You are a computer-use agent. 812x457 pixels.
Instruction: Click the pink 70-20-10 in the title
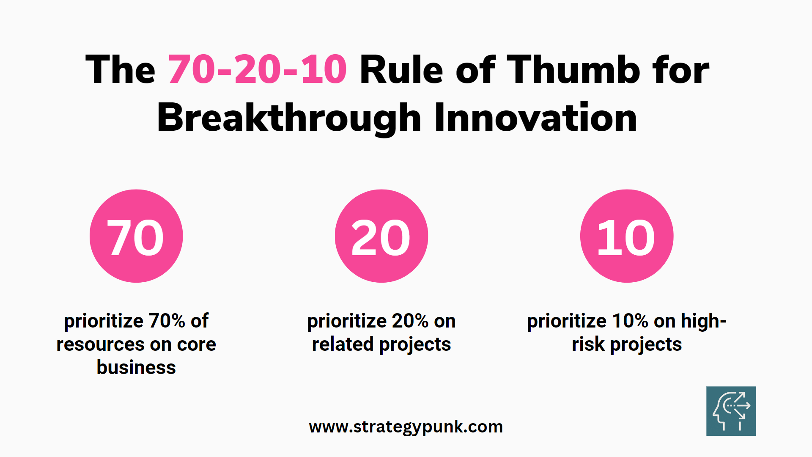point(258,69)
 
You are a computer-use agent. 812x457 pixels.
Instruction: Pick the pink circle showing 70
point(136,236)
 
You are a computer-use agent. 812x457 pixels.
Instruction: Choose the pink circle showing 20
point(381,236)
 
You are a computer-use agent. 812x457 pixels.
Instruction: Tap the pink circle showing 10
point(627,236)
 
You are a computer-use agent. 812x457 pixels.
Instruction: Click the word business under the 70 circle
point(136,367)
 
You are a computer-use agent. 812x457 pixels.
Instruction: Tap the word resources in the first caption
point(103,344)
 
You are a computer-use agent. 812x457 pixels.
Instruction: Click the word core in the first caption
point(196,344)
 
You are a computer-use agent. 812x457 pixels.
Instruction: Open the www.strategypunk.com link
point(406,427)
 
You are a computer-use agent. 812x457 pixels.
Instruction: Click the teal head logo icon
point(731,411)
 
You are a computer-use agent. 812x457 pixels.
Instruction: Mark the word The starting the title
point(121,69)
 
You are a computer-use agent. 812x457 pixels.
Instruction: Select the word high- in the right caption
point(704,321)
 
